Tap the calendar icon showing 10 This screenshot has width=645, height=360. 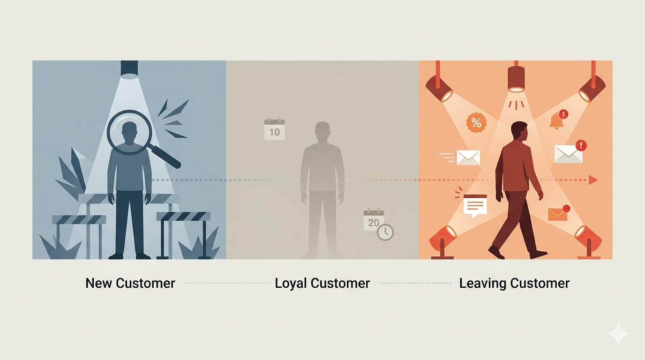pyautogui.click(x=274, y=129)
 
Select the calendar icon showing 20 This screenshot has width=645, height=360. pyautogui.click(x=374, y=220)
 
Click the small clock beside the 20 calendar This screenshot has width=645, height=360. pyautogui.click(x=385, y=232)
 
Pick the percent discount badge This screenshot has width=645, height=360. pyautogui.click(x=476, y=123)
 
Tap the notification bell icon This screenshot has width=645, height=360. pyautogui.click(x=556, y=120)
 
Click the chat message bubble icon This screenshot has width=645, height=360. pyautogui.click(x=475, y=205)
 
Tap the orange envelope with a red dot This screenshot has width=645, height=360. pyautogui.click(x=557, y=214)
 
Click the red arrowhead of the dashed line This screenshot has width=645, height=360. pyautogui.click(x=593, y=180)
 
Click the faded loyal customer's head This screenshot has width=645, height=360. pyautogui.click(x=322, y=131)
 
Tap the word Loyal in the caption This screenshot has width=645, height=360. pyautogui.click(x=291, y=283)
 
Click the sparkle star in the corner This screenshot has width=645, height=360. pyautogui.click(x=619, y=334)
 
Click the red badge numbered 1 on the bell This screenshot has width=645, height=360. pyautogui.click(x=563, y=114)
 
